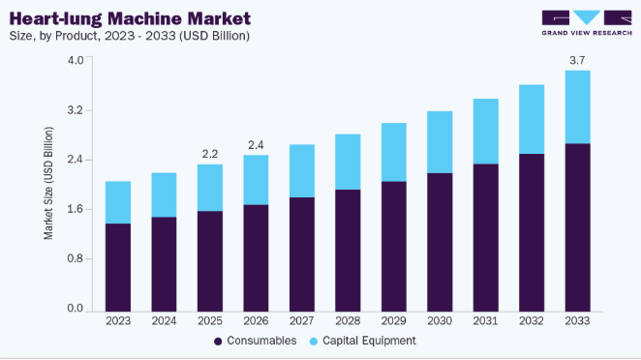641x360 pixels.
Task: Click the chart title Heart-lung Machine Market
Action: tap(130, 18)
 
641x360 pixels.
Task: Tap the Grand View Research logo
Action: tap(587, 23)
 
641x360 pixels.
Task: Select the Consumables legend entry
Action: tap(256, 341)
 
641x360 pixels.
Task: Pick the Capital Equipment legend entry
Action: tap(362, 341)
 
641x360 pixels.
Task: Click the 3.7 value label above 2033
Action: tap(577, 60)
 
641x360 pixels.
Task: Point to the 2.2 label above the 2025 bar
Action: tap(210, 154)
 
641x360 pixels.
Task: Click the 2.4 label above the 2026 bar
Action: tap(256, 145)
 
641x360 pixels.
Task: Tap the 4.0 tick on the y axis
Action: tap(76, 60)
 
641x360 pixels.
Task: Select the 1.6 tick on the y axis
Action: tap(76, 209)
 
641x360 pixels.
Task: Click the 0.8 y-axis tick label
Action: tap(76, 258)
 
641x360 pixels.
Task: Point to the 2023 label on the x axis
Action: tap(118, 320)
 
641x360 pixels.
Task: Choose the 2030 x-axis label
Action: tap(440, 320)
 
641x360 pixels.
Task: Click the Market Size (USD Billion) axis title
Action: tap(48, 183)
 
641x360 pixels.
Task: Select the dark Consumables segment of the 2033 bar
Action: tap(578, 227)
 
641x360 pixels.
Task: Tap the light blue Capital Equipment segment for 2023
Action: tap(118, 202)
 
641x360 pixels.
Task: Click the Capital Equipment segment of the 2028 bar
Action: tap(348, 162)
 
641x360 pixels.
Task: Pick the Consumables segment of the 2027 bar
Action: tap(302, 255)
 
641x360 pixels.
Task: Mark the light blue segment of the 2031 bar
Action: tap(486, 132)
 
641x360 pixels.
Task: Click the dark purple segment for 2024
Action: tap(164, 264)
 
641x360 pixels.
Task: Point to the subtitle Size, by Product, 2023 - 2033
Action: tap(129, 36)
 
